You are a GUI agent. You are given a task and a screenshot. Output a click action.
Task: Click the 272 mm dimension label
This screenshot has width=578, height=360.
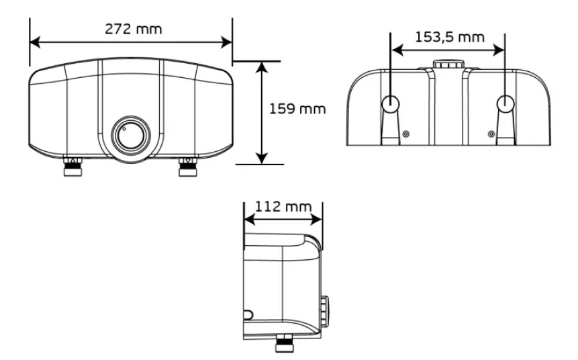(133, 29)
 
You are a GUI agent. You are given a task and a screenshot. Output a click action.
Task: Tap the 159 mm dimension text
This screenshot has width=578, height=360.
(297, 109)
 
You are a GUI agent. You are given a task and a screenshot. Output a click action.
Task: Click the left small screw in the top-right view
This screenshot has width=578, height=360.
(405, 134)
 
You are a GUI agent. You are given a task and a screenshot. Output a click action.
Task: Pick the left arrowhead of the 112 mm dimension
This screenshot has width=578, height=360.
(248, 219)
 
